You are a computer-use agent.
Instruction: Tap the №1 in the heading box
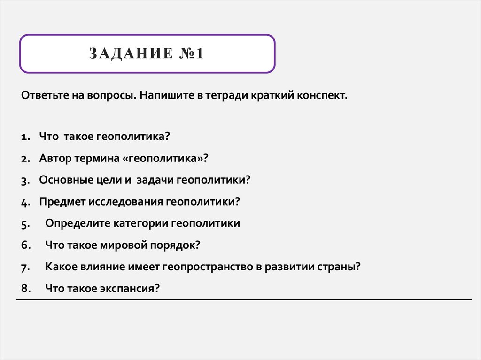[x=190, y=54]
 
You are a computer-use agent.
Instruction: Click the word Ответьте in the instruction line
[x=45, y=95]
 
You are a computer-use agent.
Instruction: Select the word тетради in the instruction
[x=223, y=95]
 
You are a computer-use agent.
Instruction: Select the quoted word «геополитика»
[x=165, y=158]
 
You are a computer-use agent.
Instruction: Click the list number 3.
[x=25, y=180]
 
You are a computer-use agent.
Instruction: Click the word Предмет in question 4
[x=60, y=202]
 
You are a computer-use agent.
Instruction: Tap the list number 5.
[x=25, y=224]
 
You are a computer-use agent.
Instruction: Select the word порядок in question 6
[x=175, y=245]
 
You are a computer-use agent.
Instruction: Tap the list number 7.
[x=25, y=267]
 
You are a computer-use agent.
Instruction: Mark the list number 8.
[x=25, y=289]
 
